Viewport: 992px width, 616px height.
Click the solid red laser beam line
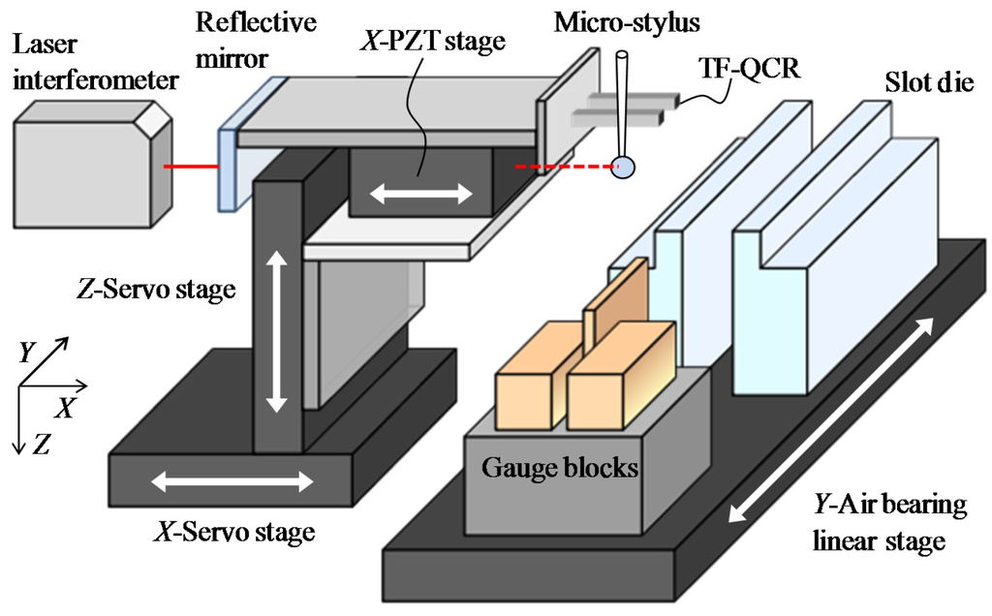[192, 167]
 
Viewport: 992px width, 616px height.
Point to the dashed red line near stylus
[562, 167]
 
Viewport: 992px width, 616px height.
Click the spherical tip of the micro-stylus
[627, 168]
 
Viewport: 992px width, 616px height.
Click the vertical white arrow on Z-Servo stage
[278, 329]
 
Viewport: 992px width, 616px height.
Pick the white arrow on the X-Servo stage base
[233, 480]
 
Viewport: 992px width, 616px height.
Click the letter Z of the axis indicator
[42, 444]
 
